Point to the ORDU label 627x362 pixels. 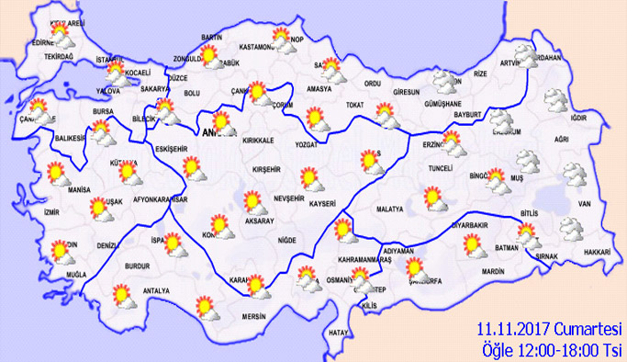coord(372,84)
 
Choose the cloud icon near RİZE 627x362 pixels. coord(447,83)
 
